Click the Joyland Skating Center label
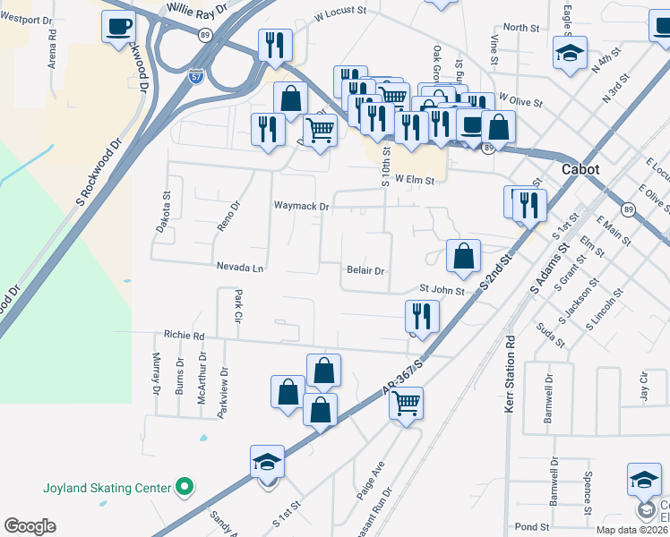tap(107, 488)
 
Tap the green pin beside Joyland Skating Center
tap(185, 488)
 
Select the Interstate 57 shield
tap(194, 79)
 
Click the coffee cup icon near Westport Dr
tap(118, 27)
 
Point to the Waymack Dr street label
tap(302, 206)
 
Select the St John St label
tap(442, 290)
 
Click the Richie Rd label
tap(185, 336)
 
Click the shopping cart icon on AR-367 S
tap(407, 404)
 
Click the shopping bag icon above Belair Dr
tap(463, 256)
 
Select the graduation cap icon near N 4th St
tap(570, 52)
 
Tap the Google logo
tap(30, 526)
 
